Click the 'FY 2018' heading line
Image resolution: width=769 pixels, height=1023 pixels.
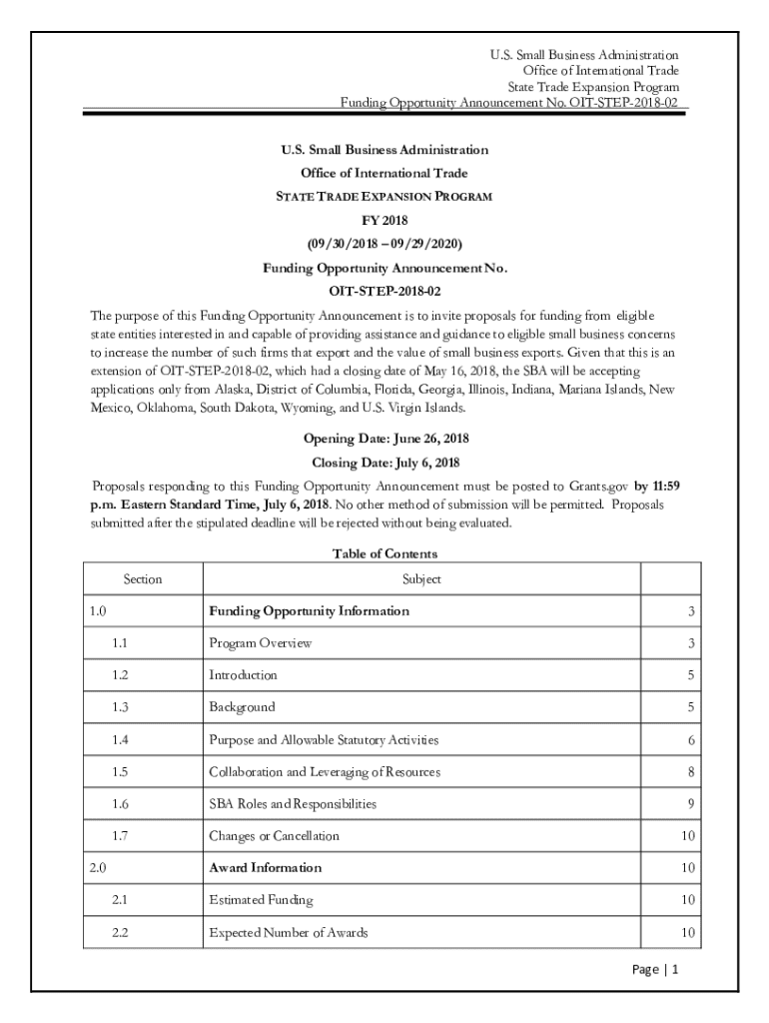pyautogui.click(x=384, y=220)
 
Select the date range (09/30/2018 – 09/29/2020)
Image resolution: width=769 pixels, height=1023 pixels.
pyautogui.click(x=384, y=244)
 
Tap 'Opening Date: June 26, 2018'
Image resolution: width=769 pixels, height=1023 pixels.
pyautogui.click(x=385, y=439)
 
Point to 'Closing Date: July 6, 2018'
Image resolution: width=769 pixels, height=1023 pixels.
pyautogui.click(x=385, y=463)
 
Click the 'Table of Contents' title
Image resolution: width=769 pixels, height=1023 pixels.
pyautogui.click(x=384, y=553)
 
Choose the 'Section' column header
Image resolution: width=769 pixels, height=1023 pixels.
pyautogui.click(x=143, y=579)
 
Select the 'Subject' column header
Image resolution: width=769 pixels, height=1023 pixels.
pyautogui.click(x=421, y=579)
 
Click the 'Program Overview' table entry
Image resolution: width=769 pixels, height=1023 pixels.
pyautogui.click(x=260, y=643)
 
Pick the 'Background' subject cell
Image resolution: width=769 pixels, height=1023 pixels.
pyautogui.click(x=242, y=707)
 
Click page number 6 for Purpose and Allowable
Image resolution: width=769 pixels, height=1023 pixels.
pyautogui.click(x=690, y=740)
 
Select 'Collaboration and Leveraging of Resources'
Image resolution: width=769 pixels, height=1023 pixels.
pyautogui.click(x=324, y=772)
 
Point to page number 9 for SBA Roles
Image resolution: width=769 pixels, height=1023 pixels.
pyautogui.click(x=690, y=804)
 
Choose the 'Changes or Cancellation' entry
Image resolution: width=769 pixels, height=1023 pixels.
pyautogui.click(x=274, y=836)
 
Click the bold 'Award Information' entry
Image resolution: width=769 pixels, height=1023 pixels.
pyautogui.click(x=265, y=868)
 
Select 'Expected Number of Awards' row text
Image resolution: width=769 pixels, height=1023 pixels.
pyautogui.click(x=288, y=933)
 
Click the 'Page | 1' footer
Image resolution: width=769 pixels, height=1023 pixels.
pyautogui.click(x=656, y=970)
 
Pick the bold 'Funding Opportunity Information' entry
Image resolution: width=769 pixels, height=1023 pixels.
pyautogui.click(x=309, y=611)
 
